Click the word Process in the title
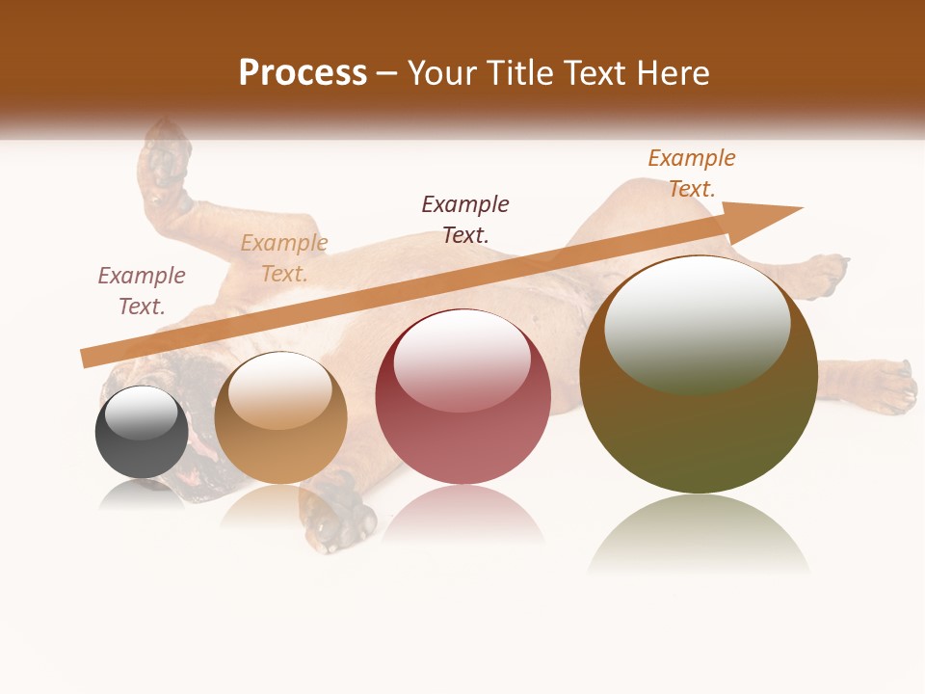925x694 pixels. pos(303,73)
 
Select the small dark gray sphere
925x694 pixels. pos(142,433)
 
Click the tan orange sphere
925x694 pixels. pos(280,418)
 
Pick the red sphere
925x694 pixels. pos(463,397)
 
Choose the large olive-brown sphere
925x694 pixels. pos(699,376)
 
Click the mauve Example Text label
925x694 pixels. pos(142,291)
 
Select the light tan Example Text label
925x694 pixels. pos(284,258)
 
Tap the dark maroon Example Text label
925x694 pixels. pos(465,219)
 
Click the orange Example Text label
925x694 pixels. pos(692,173)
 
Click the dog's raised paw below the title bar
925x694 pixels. pos(166,159)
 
